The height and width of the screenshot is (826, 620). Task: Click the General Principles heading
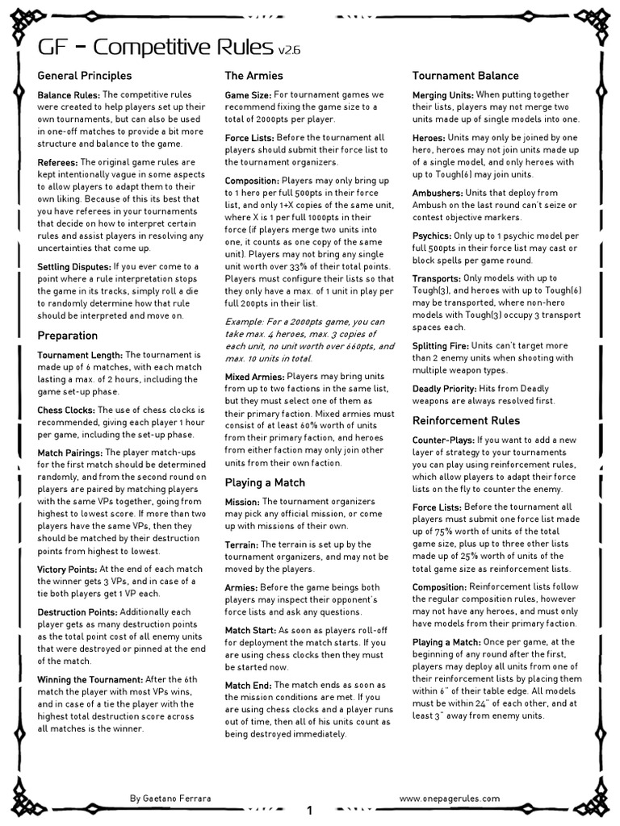point(85,76)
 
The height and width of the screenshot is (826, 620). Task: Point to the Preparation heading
point(68,336)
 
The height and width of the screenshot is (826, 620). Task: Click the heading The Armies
point(253,76)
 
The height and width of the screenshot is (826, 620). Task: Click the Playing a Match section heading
point(265,482)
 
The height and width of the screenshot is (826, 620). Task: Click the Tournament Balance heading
point(466,76)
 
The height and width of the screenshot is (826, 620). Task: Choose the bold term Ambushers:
point(438,194)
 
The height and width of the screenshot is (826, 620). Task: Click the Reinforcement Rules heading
point(466,420)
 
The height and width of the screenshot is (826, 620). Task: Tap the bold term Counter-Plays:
point(443,440)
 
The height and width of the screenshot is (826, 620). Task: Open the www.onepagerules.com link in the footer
point(450,798)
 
